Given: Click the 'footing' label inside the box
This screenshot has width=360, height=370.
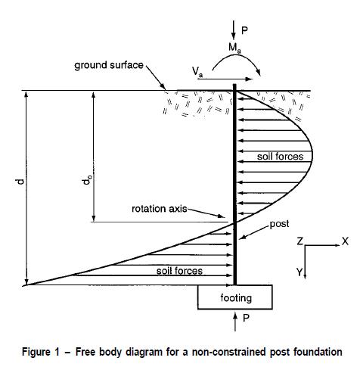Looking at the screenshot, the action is tap(236, 298).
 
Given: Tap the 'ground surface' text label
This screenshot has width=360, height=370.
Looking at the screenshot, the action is tap(109, 65).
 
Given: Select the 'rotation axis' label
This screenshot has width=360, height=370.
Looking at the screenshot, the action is tap(160, 209).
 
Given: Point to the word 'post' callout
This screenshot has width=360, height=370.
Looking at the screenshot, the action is tap(279, 224).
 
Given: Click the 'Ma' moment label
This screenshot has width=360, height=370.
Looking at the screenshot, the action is tap(234, 48).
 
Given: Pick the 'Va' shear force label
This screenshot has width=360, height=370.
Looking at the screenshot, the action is tap(197, 71).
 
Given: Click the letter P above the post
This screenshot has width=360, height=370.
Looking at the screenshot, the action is tap(244, 31).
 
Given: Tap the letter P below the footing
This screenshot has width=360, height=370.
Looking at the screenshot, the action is tap(246, 318).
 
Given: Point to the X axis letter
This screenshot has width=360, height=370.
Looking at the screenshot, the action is tap(345, 241).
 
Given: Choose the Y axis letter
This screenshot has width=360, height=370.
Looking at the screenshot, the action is tap(299, 272).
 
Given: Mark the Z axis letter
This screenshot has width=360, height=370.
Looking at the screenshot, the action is tap(299, 241).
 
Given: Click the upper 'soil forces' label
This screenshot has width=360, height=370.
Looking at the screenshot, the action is tap(280, 157).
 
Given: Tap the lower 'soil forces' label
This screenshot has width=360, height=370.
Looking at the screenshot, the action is tap(179, 271).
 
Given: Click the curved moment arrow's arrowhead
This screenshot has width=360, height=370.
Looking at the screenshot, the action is tap(258, 73).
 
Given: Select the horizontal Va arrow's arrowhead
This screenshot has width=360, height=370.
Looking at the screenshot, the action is tap(249, 79).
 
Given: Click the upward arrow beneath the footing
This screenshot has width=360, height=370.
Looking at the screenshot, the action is tap(235, 322).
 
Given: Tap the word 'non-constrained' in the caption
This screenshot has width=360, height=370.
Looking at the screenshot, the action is tap(229, 352).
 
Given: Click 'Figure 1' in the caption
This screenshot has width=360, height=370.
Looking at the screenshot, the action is tap(41, 352).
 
